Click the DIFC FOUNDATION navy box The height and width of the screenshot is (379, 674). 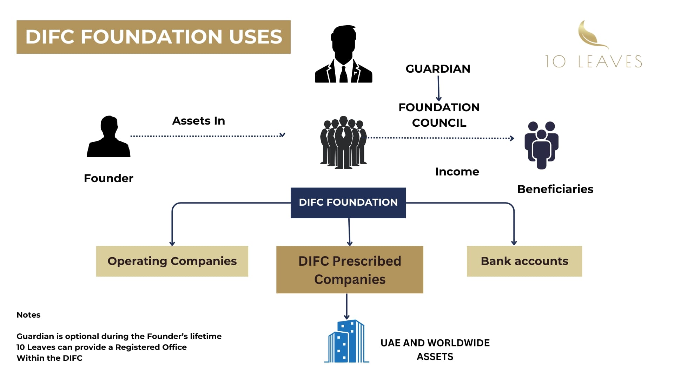348,202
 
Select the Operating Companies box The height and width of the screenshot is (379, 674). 172,261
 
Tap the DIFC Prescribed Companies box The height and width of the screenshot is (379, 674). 350,270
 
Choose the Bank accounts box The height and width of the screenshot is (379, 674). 524,261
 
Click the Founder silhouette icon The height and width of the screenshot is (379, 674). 108,137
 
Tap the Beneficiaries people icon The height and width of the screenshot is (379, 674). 541,145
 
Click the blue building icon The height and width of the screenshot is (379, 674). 346,341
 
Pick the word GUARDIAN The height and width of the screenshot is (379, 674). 438,69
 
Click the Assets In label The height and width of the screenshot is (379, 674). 198,121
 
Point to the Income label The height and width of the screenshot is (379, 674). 457,172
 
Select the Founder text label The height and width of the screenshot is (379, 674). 108,178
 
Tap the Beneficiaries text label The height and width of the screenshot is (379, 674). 555,189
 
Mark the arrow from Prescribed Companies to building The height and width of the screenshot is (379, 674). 346,306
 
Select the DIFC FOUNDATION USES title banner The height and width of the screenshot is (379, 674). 153,37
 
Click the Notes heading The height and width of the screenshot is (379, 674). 28,315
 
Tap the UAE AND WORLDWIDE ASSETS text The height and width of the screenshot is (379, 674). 435,350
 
